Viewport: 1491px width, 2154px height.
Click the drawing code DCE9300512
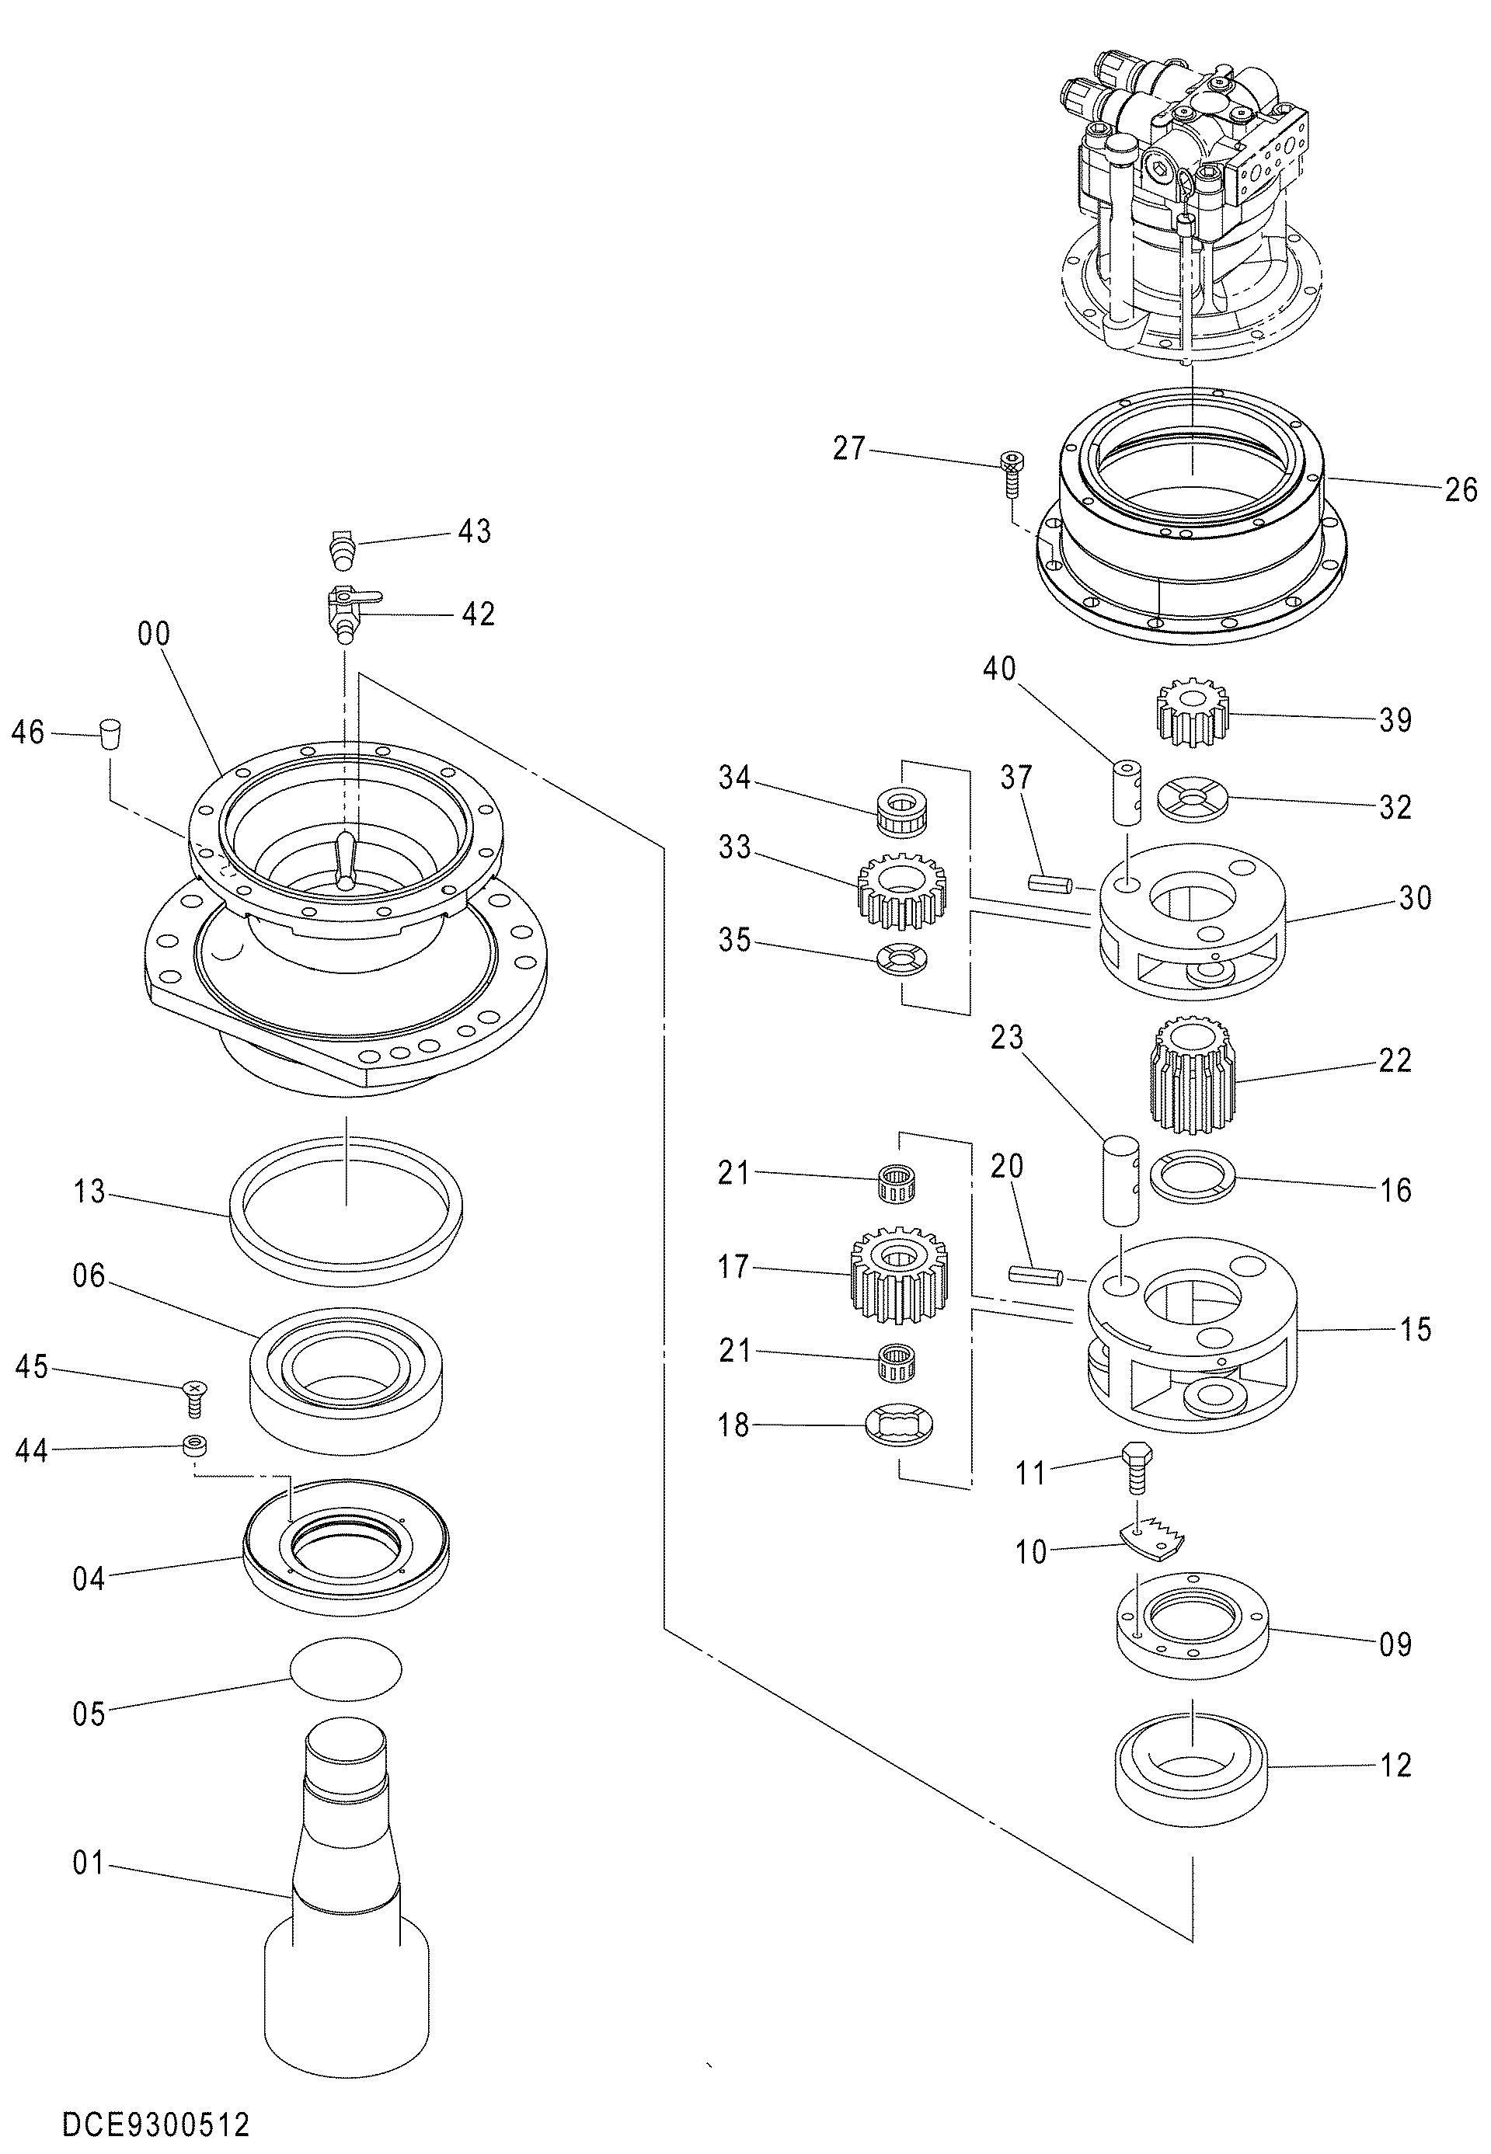pos(156,2099)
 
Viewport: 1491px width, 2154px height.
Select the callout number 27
pos(849,448)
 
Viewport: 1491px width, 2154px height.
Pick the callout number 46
pos(28,732)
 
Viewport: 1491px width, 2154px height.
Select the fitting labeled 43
pos(343,548)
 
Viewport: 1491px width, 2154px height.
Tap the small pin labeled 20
pos(1036,1274)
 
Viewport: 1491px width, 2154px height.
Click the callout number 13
pos(89,1192)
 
